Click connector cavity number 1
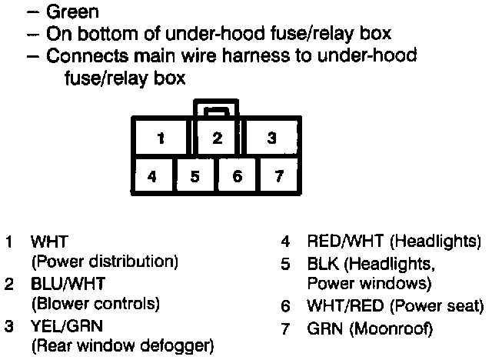(161, 139)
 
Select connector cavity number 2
(218, 138)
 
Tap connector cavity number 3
(271, 139)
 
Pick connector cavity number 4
(152, 176)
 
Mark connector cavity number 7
(278, 176)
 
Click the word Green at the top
(72, 13)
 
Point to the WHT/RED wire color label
(338, 305)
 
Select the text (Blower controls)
(95, 304)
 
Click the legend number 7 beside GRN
(285, 328)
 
